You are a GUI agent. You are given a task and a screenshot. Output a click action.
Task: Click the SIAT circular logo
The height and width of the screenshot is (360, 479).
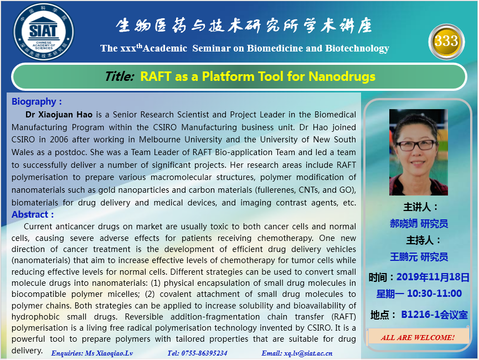43,32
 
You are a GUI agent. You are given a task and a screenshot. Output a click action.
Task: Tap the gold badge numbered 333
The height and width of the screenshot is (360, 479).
446,42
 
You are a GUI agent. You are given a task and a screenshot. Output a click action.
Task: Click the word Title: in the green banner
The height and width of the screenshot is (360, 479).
120,76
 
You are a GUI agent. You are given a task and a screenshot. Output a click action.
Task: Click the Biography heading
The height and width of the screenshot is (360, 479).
37,101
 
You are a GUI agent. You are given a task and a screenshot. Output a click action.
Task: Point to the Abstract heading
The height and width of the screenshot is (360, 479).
33,214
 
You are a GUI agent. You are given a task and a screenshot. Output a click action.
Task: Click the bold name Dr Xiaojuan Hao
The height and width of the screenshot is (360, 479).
59,115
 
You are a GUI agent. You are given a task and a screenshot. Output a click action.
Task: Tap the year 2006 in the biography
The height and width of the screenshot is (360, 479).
59,140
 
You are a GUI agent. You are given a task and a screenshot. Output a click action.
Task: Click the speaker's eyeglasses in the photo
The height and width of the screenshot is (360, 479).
416,145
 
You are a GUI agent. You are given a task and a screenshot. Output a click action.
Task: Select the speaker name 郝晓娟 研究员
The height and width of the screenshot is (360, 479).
419,224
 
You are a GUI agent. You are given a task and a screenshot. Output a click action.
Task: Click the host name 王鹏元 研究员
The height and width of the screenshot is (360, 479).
419,257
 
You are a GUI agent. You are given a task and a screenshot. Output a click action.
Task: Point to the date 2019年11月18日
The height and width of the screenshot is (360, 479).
433,277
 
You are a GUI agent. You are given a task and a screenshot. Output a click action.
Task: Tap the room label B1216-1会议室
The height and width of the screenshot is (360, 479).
434,315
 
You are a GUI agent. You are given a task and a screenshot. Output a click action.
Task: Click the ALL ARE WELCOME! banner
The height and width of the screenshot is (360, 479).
418,337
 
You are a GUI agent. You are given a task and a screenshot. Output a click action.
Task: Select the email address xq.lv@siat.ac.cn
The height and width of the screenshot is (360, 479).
308,353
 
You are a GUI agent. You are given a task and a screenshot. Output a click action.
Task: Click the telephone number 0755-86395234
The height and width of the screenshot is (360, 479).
204,353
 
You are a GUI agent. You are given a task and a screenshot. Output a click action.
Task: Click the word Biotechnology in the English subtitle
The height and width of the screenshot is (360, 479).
357,48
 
